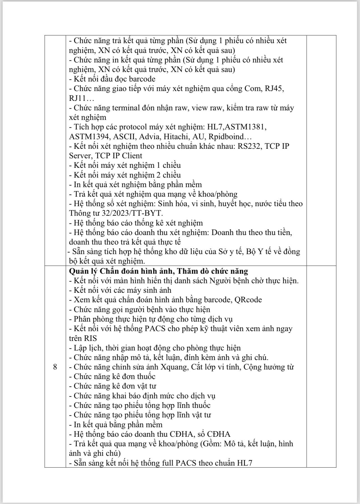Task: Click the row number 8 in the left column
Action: click(x=55, y=367)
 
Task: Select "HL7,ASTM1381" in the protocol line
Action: click(x=236, y=127)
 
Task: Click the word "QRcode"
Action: click(x=248, y=300)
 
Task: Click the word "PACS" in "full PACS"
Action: click(x=186, y=463)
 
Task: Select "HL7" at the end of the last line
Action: click(x=244, y=463)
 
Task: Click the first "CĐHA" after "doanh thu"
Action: click(x=179, y=434)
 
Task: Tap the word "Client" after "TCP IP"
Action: click(x=132, y=156)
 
